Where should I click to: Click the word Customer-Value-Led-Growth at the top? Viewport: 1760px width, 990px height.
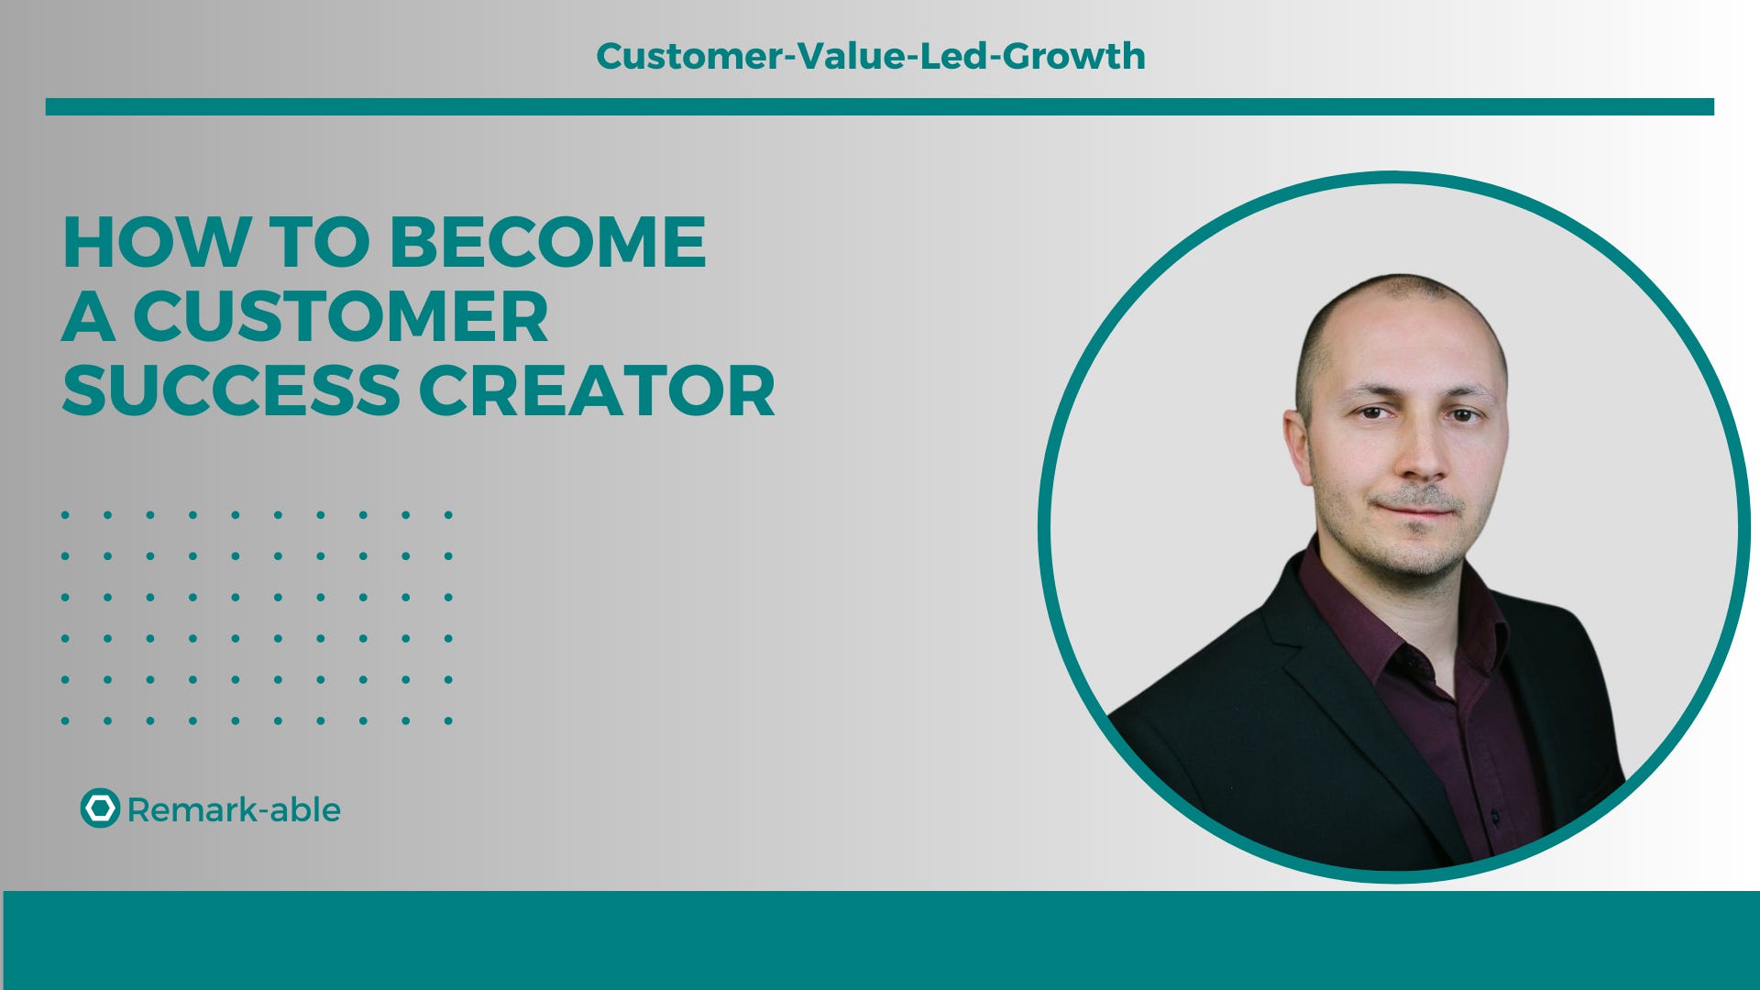click(x=870, y=56)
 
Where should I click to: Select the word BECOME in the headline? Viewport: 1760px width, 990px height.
click(x=547, y=243)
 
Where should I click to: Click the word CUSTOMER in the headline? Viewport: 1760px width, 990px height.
click(x=340, y=317)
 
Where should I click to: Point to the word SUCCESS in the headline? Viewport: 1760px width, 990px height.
click(x=231, y=391)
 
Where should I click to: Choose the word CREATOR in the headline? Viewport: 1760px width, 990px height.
click(x=597, y=391)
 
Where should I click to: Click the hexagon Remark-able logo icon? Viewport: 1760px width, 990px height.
click(x=100, y=808)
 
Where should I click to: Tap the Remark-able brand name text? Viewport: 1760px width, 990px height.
click(x=234, y=810)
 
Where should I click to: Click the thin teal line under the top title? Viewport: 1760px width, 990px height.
click(x=879, y=107)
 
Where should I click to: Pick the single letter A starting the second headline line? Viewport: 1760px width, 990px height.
click(x=88, y=317)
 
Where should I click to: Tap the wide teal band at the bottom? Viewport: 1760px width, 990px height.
click(x=880, y=940)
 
